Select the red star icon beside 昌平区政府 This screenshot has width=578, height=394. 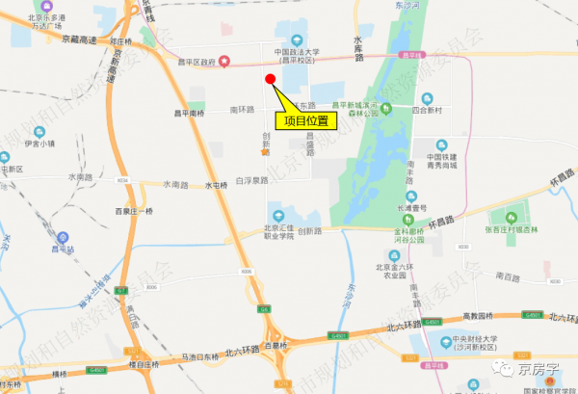pos(224,63)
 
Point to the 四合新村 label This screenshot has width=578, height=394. pos(426,111)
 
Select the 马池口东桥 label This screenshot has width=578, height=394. pos(189,357)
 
